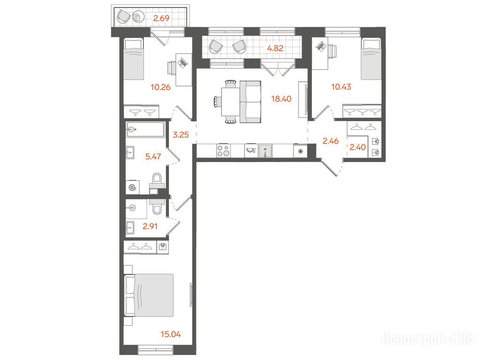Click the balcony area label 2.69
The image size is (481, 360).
click(162, 18)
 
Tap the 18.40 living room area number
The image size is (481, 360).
click(281, 99)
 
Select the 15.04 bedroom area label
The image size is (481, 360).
click(171, 334)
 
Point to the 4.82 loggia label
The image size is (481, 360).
click(275, 48)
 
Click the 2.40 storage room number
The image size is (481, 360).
click(357, 147)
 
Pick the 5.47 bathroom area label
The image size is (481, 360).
click(153, 156)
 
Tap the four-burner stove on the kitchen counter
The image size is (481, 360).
click(223, 151)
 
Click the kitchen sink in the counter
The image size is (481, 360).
click(265, 151)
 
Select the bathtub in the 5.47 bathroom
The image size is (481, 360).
click(146, 130)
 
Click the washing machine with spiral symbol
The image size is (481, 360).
click(132, 187)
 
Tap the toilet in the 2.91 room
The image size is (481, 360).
click(157, 207)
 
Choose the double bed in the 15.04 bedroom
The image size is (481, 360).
click(149, 295)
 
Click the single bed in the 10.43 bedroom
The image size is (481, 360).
click(371, 59)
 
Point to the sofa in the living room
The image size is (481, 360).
click(250, 102)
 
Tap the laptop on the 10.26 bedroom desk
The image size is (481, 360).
click(183, 63)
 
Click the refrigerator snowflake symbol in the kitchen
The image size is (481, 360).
click(301, 151)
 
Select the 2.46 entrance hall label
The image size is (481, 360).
click(330, 141)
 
